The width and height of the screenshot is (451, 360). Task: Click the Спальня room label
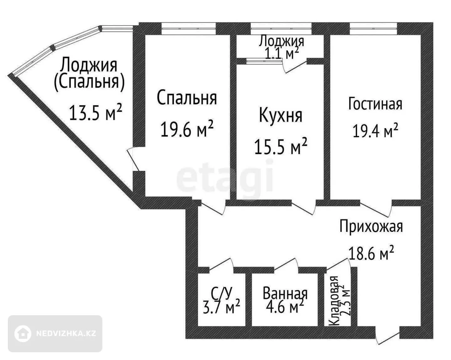(187, 98)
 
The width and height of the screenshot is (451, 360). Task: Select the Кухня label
(281, 115)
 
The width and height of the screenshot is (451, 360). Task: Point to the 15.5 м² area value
(281, 146)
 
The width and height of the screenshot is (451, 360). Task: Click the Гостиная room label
(375, 104)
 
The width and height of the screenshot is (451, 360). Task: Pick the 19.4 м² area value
(375, 130)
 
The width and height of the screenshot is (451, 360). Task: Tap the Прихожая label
(371, 227)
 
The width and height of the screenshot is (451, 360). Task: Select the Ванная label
(285, 294)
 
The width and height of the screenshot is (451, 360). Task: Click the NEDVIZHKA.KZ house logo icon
(23, 334)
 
